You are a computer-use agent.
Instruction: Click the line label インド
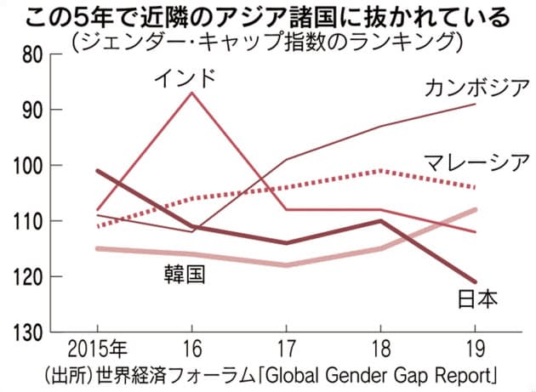pyautogui.click(x=185, y=79)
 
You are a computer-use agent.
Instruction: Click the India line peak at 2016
pyautogui.click(x=191, y=92)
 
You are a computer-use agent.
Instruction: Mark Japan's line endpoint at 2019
pyautogui.click(x=475, y=281)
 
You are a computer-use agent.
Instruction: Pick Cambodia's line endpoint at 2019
pyautogui.click(x=475, y=104)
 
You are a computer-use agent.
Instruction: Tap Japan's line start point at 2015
pyautogui.click(x=97, y=170)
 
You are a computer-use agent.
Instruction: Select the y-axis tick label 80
pyautogui.click(x=31, y=54)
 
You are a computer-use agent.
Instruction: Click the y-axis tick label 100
pyautogui.click(x=27, y=165)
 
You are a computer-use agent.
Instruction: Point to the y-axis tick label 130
pyautogui.click(x=27, y=332)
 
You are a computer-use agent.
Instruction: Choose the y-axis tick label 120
pyautogui.click(x=27, y=276)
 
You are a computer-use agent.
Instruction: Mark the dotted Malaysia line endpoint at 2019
pyautogui.click(x=475, y=187)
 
